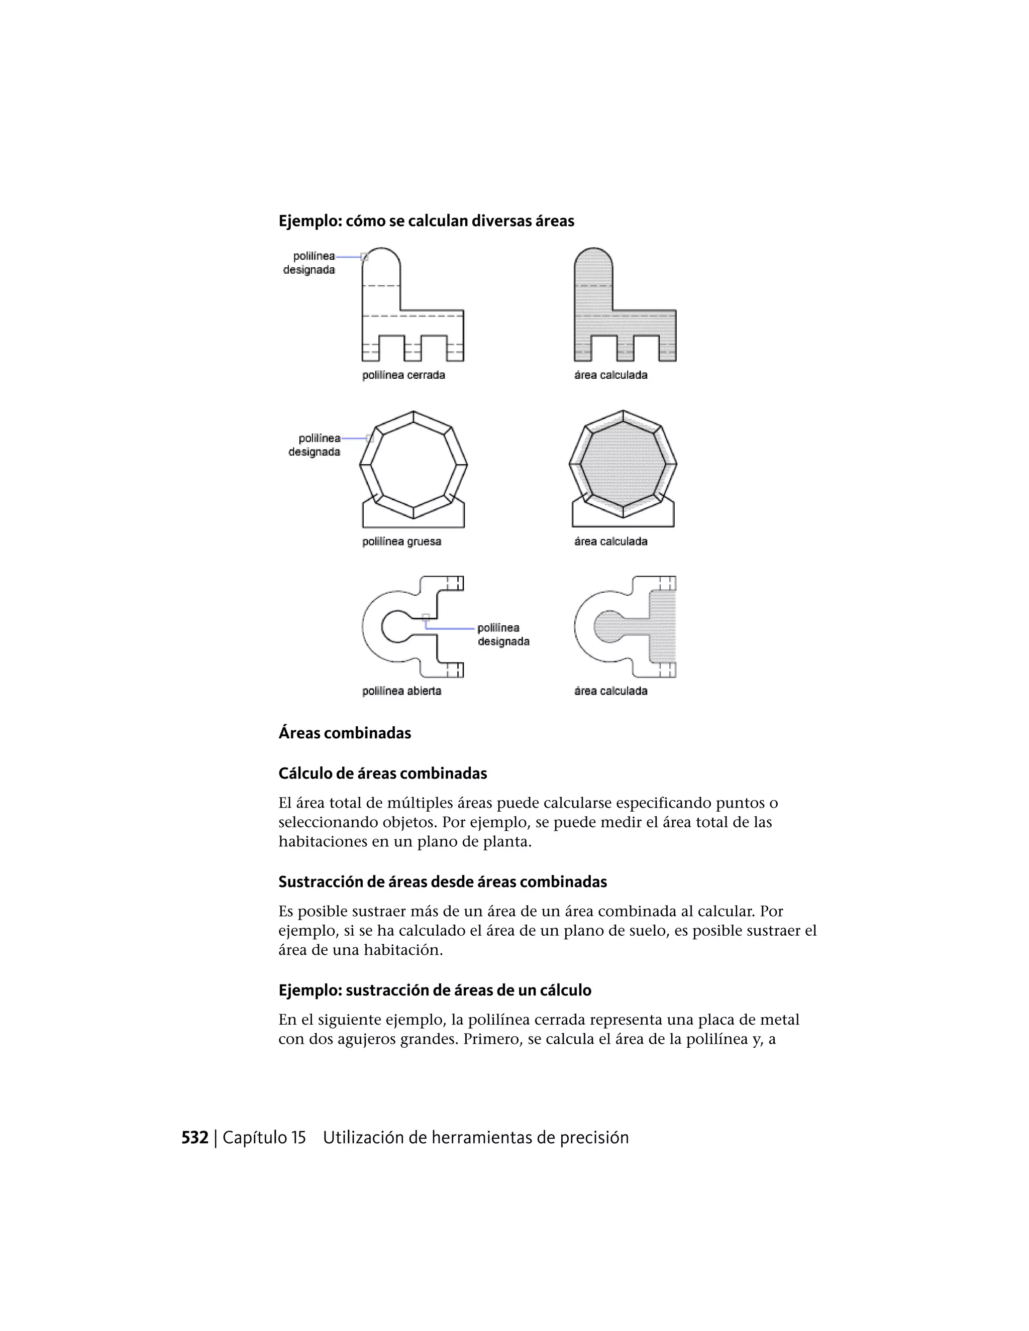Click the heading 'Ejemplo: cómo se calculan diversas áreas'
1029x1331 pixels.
[426, 220]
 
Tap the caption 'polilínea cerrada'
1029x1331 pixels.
[403, 375]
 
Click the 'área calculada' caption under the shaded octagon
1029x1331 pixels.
[610, 541]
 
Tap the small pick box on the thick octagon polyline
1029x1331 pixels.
[369, 438]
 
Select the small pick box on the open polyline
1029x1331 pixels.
[426, 617]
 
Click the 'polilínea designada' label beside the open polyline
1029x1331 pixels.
[503, 634]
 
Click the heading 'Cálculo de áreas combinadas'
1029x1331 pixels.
[382, 773]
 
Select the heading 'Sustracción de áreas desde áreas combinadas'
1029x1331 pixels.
[443, 882]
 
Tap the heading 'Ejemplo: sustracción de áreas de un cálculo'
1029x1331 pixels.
[435, 990]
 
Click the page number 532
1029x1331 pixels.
[194, 1138]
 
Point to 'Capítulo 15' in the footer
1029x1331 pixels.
[264, 1138]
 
